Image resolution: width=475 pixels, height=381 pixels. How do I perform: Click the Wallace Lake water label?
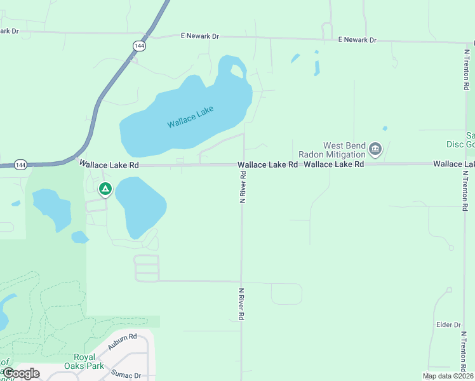pyautogui.click(x=191, y=117)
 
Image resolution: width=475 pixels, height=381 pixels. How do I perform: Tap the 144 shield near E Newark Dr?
pyautogui.click(x=139, y=46)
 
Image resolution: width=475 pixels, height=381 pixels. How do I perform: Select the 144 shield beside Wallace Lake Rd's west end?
pyautogui.click(x=20, y=165)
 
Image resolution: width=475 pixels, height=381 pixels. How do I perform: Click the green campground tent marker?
pyautogui.click(x=105, y=189)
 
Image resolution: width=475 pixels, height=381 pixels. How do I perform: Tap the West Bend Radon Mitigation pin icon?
pyautogui.click(x=375, y=150)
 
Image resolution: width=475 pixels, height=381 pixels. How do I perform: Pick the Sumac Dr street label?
pyautogui.click(x=126, y=375)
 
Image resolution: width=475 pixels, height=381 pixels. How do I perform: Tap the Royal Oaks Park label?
pyautogui.click(x=88, y=361)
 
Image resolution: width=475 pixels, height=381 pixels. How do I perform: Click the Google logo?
pyautogui.click(x=22, y=373)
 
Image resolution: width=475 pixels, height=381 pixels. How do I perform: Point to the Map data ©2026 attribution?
pyautogui.click(x=448, y=376)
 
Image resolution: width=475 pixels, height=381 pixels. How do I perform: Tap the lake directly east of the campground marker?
pyautogui.click(x=140, y=206)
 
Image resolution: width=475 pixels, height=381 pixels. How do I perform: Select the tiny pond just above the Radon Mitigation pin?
pyautogui.click(x=385, y=128)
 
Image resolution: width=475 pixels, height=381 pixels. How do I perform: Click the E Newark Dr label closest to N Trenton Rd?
pyautogui.click(x=357, y=40)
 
